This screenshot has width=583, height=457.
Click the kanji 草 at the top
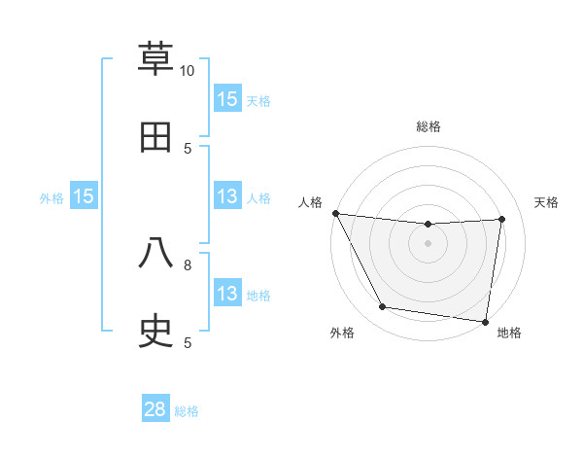156,60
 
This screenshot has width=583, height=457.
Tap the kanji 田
156,137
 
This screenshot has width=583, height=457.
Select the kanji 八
156,254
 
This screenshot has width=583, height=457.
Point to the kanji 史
156,332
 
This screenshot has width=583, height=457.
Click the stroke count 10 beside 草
188,71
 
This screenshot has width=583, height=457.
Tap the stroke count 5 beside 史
188,342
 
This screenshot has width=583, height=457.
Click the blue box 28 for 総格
155,409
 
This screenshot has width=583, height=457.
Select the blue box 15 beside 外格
84,196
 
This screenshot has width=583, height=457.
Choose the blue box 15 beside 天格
227,99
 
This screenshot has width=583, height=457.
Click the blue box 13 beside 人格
227,197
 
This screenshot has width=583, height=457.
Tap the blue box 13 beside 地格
227,294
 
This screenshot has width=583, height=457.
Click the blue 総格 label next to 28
187,411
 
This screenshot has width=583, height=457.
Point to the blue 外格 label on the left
51,198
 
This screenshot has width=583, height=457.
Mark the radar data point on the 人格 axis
335,213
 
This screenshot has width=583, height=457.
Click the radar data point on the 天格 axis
501,219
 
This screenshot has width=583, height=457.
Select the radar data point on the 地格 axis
485,321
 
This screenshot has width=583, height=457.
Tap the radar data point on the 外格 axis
382,307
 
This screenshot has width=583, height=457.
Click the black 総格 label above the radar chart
429,126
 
